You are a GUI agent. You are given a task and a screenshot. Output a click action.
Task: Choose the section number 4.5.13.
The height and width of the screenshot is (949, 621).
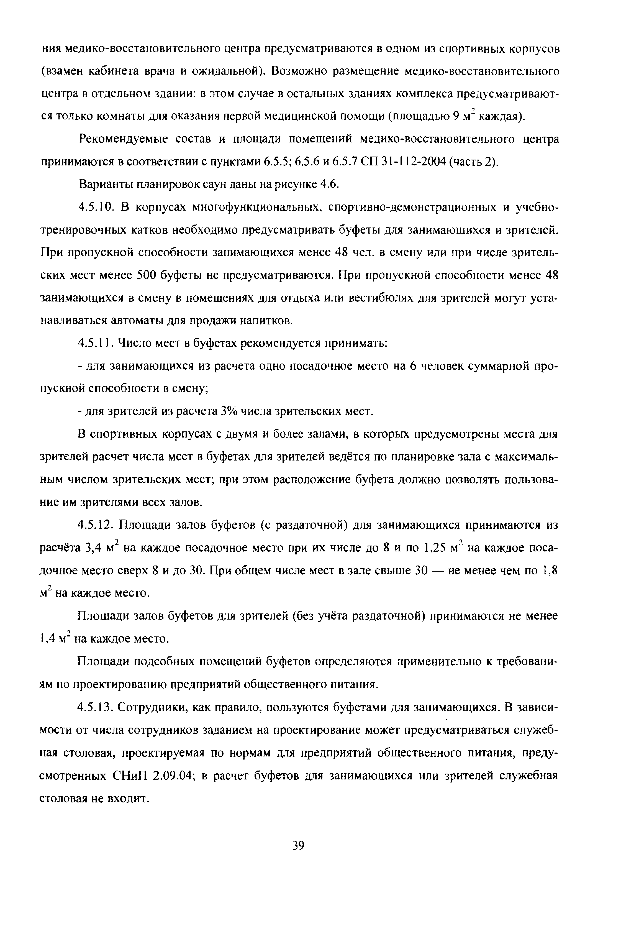click(98, 707)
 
